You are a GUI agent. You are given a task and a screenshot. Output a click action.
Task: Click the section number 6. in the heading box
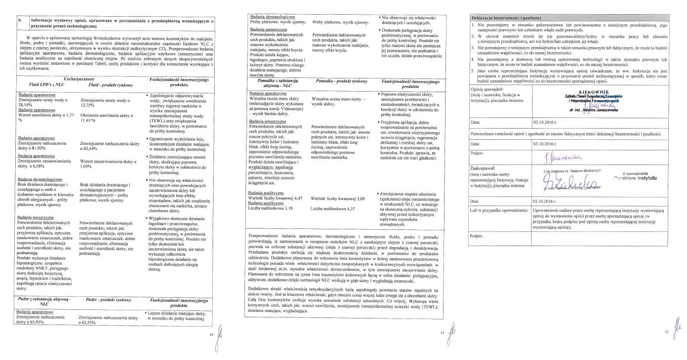click(x=19, y=21)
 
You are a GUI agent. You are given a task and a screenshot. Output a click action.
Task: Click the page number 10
click(x=211, y=335)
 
